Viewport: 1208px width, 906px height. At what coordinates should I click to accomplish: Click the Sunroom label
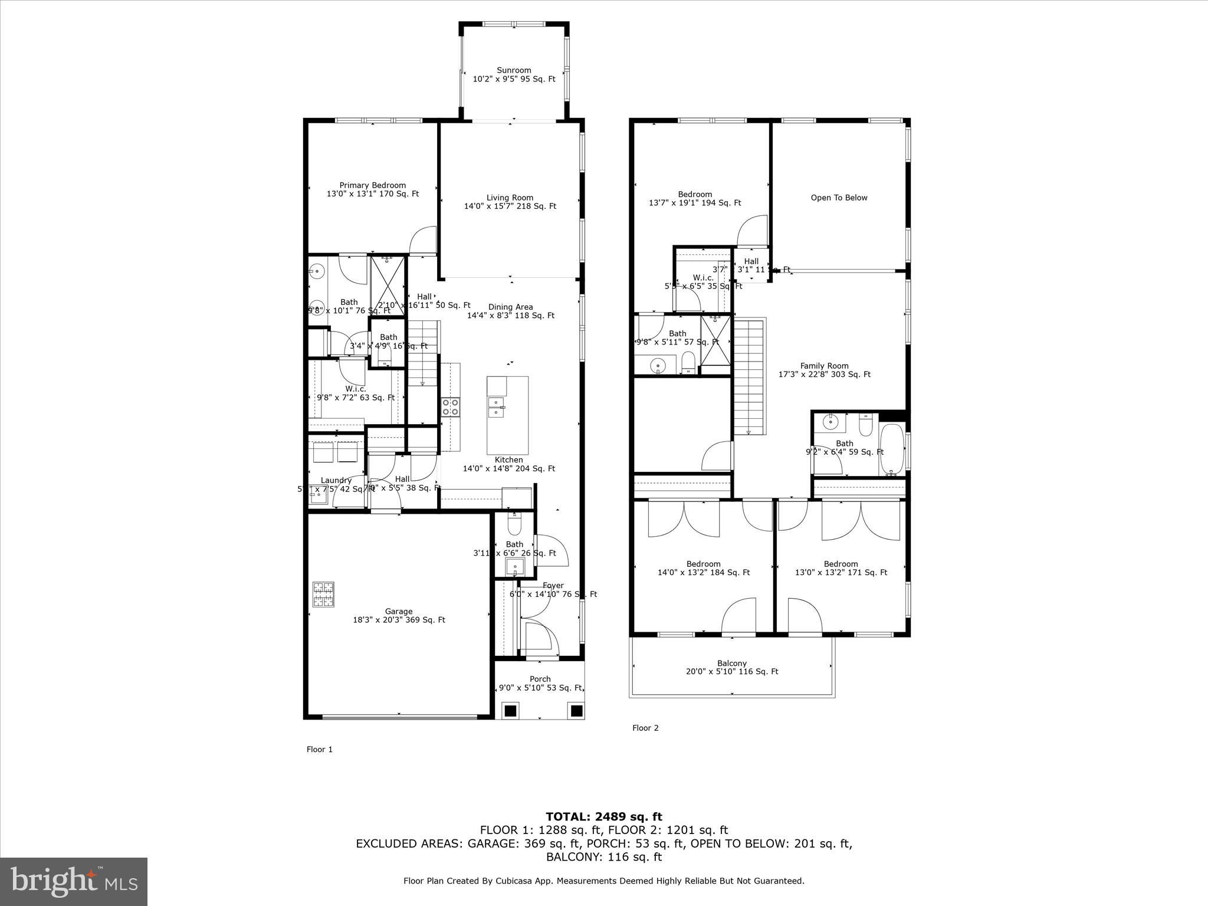[514, 70]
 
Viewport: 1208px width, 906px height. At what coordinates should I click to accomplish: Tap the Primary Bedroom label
[372, 185]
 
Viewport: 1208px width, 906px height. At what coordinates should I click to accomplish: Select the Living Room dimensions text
[510, 206]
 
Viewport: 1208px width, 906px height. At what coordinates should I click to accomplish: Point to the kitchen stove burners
[451, 407]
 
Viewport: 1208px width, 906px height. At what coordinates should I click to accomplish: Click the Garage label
[399, 611]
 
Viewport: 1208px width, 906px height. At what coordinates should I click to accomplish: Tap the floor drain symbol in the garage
[323, 595]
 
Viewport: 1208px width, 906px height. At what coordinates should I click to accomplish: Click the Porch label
[540, 679]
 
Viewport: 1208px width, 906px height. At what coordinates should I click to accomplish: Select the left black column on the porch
[510, 710]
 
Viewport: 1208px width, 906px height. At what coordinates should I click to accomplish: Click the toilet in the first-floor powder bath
[514, 523]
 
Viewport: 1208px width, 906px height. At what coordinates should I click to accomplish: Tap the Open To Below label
[839, 198]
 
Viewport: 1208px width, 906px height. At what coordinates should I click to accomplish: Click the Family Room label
[824, 366]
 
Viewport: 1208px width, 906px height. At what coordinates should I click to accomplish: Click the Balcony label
[732, 663]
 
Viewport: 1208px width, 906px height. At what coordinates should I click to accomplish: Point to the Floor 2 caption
[645, 728]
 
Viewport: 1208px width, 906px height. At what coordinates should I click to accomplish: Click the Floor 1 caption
[320, 750]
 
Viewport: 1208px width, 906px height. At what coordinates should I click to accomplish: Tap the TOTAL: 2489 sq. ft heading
[603, 816]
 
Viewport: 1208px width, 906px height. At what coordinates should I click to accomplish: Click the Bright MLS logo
[74, 881]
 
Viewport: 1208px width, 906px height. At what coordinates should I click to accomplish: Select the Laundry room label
[336, 480]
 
